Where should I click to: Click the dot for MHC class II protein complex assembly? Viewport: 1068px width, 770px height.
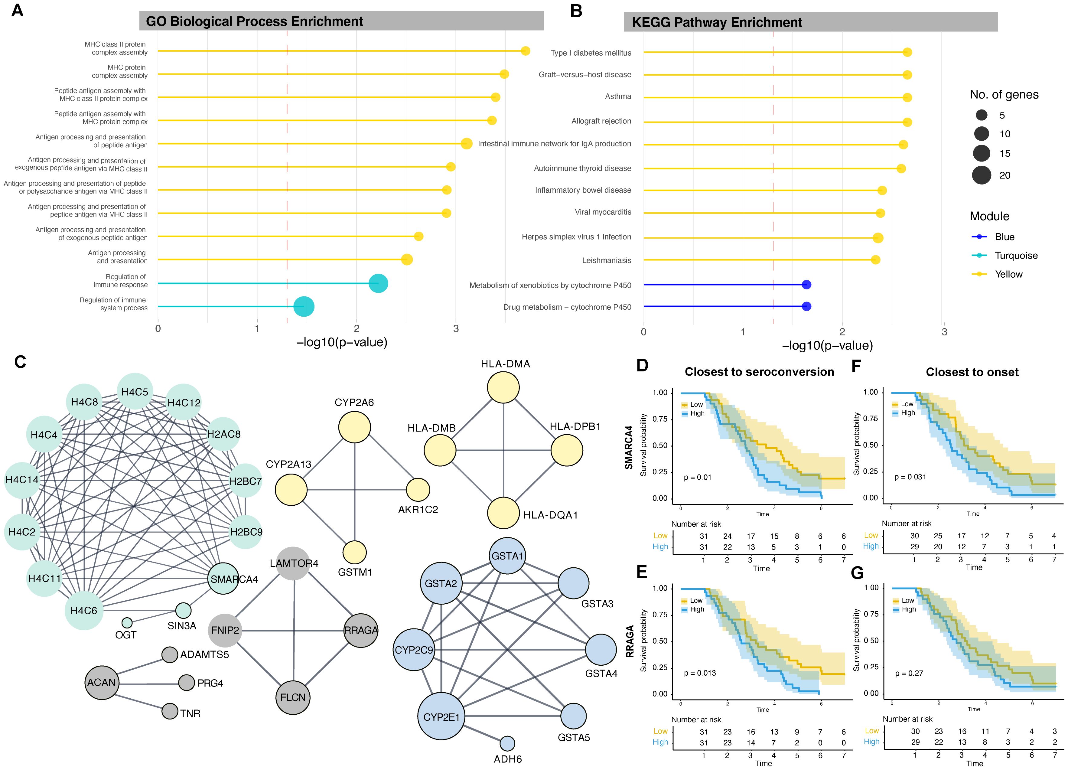tap(526, 51)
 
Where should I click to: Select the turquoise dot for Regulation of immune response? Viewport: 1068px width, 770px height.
tap(378, 283)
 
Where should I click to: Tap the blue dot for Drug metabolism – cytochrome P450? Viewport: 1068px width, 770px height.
tap(806, 307)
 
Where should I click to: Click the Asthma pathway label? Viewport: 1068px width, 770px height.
tap(618, 96)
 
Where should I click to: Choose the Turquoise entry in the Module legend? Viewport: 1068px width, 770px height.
tap(1016, 256)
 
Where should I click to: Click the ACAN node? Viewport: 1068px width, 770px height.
tap(101, 682)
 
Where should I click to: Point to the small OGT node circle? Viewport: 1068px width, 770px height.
tap(127, 623)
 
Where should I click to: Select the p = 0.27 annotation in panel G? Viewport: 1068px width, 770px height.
tap(909, 674)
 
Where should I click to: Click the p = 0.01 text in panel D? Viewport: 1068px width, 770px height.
tap(697, 478)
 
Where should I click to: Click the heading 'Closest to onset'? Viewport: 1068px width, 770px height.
tap(972, 372)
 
